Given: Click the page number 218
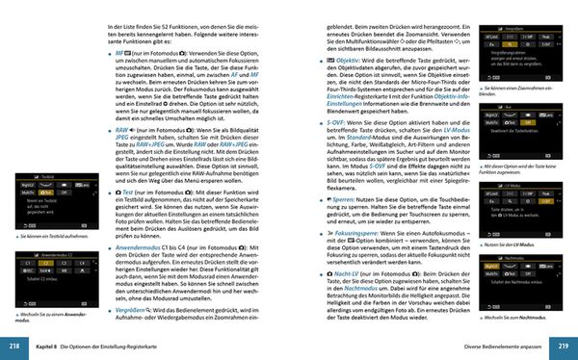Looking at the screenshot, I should click(14, 345).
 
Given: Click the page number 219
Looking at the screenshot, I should click(563, 345).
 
